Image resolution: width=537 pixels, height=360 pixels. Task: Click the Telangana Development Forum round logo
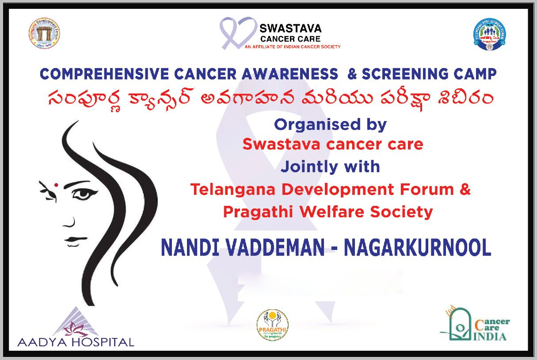[43, 34]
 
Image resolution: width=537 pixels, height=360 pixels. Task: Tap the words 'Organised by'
[330, 125]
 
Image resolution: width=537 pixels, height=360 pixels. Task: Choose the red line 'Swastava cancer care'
[332, 144]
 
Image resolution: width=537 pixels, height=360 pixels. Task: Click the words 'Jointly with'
[330, 167]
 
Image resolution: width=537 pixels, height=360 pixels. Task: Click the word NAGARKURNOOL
[417, 248]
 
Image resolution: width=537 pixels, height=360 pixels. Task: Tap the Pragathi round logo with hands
[273, 325]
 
